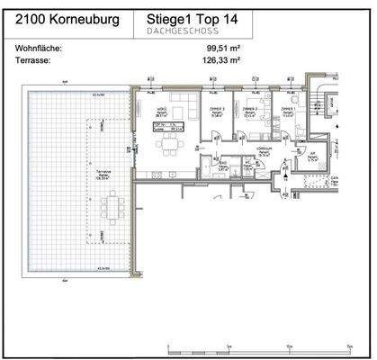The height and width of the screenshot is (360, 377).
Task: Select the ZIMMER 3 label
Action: click(216, 112)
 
